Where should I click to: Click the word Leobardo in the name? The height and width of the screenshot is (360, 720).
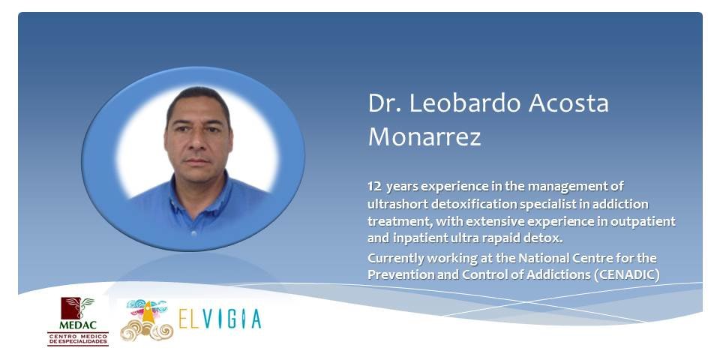tap(465, 103)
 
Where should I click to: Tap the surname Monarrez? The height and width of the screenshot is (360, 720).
tap(424, 136)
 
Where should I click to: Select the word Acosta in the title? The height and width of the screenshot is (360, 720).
tap(569, 103)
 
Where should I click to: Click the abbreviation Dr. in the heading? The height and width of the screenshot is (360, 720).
tap(384, 103)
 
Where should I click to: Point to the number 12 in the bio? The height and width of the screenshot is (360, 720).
tap(373, 187)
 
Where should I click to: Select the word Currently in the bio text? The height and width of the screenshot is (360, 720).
tap(395, 259)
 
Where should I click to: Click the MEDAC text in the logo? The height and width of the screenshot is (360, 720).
tap(78, 325)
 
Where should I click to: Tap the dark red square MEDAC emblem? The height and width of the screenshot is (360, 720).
tap(77, 308)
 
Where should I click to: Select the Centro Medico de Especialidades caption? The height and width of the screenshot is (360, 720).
tap(78, 339)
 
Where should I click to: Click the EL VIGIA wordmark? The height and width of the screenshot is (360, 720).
tap(220, 319)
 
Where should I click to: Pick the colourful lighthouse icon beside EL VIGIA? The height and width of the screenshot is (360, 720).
tap(147, 319)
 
